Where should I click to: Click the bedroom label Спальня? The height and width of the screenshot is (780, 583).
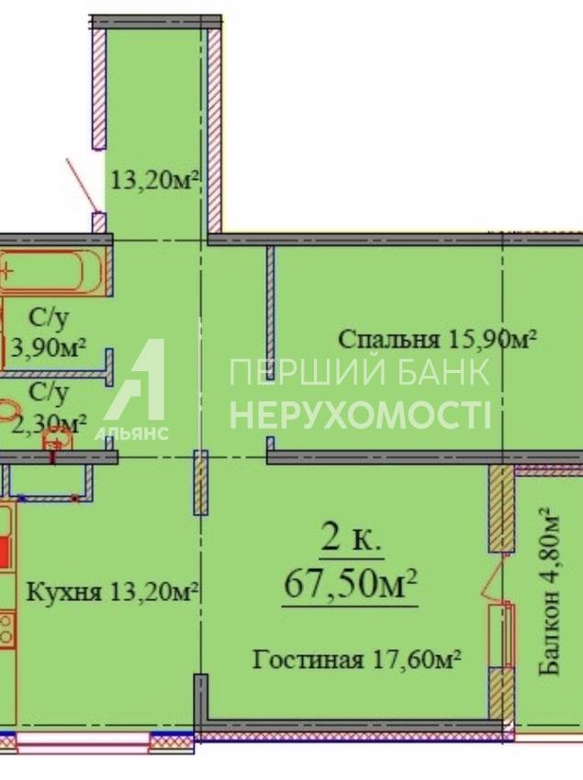tap(388, 339)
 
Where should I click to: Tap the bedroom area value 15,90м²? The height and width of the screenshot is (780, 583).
tap(492, 339)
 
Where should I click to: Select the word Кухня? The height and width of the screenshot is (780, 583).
tap(63, 592)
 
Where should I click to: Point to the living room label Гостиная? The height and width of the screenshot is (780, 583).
tap(308, 661)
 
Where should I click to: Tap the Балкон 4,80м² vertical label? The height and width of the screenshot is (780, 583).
tap(549, 592)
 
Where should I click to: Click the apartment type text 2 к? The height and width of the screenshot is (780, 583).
tap(351, 538)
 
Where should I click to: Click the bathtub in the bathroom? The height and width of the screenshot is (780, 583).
tap(51, 272)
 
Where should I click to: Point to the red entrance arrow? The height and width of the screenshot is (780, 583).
tap(82, 185)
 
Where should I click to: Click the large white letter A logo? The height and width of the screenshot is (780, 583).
tap(135, 379)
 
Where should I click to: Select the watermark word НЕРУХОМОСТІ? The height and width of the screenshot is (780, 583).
tap(360, 415)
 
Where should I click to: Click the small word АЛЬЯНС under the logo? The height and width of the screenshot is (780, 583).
tap(131, 434)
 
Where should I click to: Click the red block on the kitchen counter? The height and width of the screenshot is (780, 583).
tap(5, 551)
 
